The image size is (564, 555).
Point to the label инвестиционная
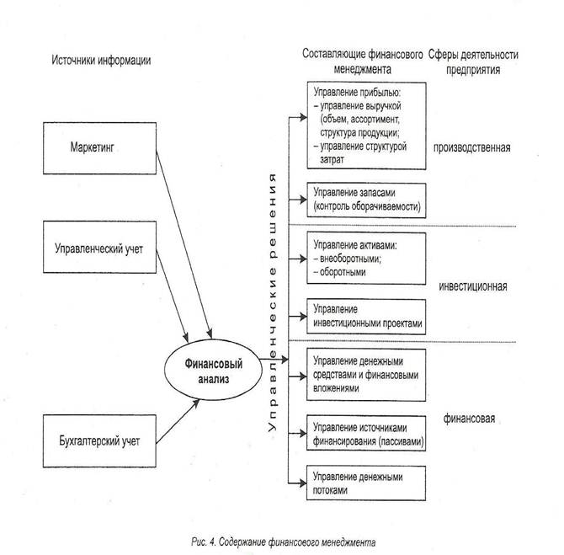(472, 285)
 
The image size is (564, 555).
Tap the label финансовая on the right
(470, 417)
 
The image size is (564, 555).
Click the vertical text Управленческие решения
(272, 302)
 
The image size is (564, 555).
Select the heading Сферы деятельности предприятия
(473, 62)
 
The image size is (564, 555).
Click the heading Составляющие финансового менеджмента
(363, 62)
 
